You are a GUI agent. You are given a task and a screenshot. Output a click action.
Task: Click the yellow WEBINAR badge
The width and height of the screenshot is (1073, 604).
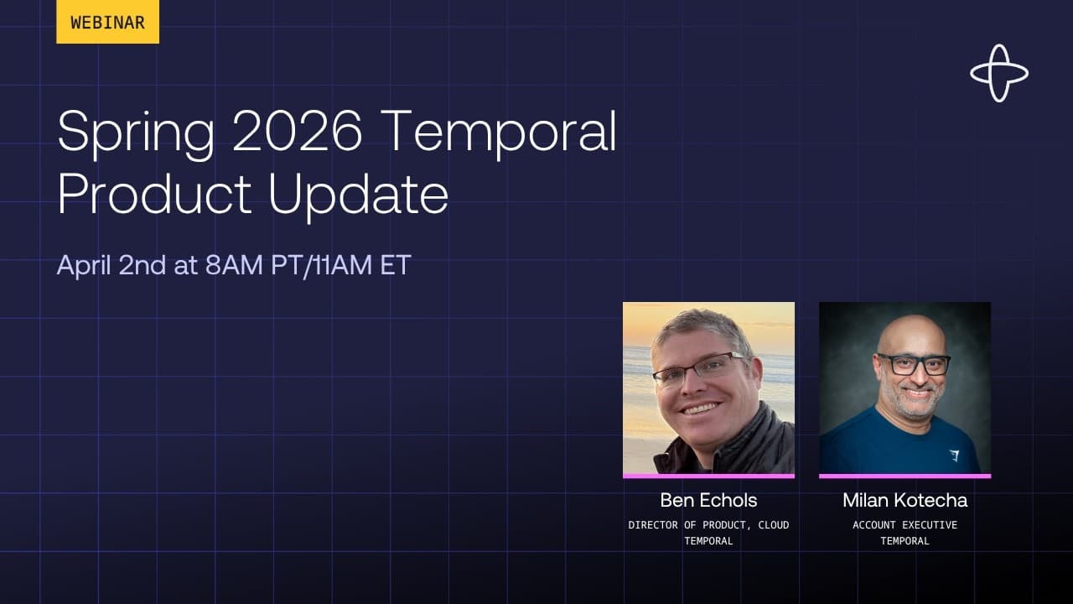point(107,22)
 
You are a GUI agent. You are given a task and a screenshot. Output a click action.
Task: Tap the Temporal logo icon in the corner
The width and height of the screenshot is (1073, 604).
point(999,73)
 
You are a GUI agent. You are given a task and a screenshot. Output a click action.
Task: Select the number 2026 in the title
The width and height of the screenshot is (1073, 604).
point(298,132)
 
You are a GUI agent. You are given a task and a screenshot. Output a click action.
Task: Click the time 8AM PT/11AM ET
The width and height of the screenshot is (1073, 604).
point(308,265)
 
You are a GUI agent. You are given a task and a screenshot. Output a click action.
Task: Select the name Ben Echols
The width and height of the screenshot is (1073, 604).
point(708,500)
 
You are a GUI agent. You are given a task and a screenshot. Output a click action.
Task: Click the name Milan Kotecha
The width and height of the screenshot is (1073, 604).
point(905,500)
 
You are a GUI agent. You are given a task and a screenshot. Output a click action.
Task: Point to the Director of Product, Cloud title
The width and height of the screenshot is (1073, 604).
point(708,525)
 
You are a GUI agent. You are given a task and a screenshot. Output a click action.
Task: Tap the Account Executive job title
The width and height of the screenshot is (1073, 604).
point(905,525)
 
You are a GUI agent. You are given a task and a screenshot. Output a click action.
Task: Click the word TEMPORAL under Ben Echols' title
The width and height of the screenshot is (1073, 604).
point(708,541)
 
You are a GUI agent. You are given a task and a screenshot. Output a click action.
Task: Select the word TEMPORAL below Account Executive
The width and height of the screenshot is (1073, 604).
point(905,541)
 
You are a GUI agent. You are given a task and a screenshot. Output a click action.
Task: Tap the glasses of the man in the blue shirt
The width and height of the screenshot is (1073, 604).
point(913,365)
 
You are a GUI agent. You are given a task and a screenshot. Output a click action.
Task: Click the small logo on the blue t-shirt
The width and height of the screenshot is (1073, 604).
point(954,456)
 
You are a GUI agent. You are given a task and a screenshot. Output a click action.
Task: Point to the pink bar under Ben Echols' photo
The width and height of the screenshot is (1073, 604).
point(708,476)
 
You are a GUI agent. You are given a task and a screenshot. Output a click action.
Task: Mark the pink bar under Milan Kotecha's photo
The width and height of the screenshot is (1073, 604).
point(905,476)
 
